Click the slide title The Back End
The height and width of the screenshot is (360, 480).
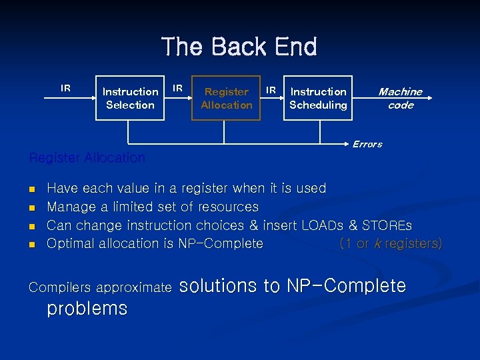click(239, 47)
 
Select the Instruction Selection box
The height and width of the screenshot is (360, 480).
click(130, 98)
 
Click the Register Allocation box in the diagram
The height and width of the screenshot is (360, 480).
click(226, 98)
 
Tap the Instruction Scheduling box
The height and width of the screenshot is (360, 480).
click(318, 98)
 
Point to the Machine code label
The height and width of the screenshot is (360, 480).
click(400, 98)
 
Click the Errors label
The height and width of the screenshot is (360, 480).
click(367, 144)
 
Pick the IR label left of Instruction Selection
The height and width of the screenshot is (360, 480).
click(65, 88)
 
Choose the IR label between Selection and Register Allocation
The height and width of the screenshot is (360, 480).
click(178, 88)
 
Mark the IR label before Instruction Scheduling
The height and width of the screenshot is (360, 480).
click(271, 89)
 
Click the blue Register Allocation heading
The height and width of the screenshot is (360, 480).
click(87, 158)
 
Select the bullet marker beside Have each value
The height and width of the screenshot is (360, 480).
click(32, 189)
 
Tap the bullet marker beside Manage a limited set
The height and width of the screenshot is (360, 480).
click(32, 208)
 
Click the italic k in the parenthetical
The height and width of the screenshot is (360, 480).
click(378, 244)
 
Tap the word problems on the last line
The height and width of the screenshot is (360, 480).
click(87, 309)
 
